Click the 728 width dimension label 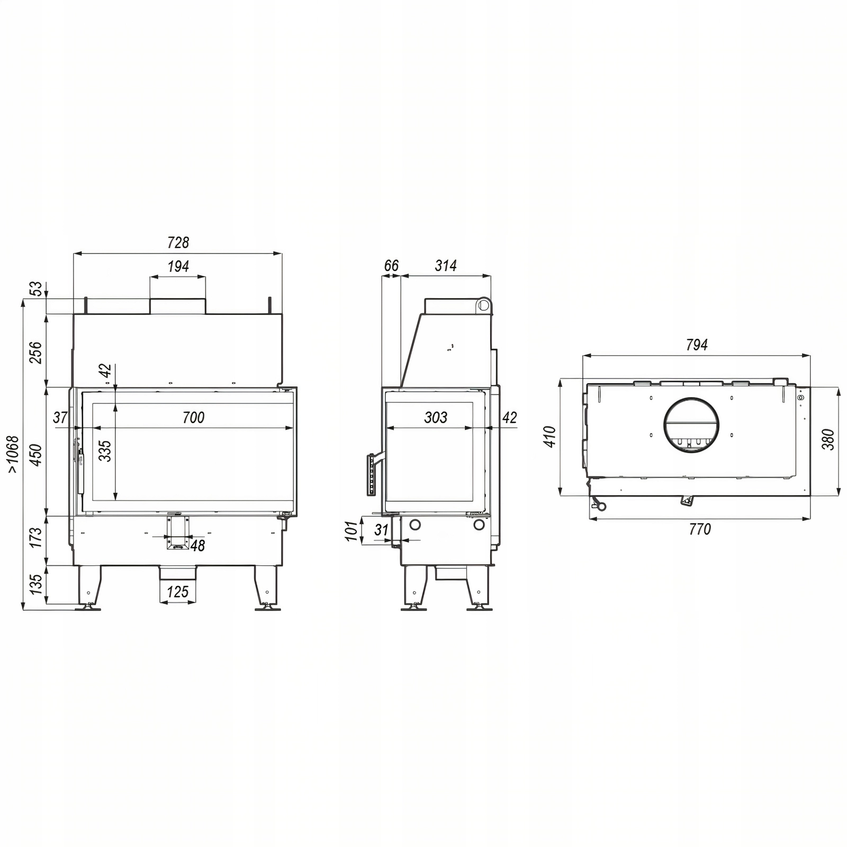pos(178,242)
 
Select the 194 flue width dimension pos(178,266)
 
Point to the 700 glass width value pos(193,418)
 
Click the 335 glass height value pos(105,451)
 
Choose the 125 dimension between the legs pos(178,591)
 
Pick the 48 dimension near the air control pos(197,545)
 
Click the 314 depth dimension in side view pos(446,266)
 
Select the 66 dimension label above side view pos(391,266)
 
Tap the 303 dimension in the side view pos(436,418)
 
